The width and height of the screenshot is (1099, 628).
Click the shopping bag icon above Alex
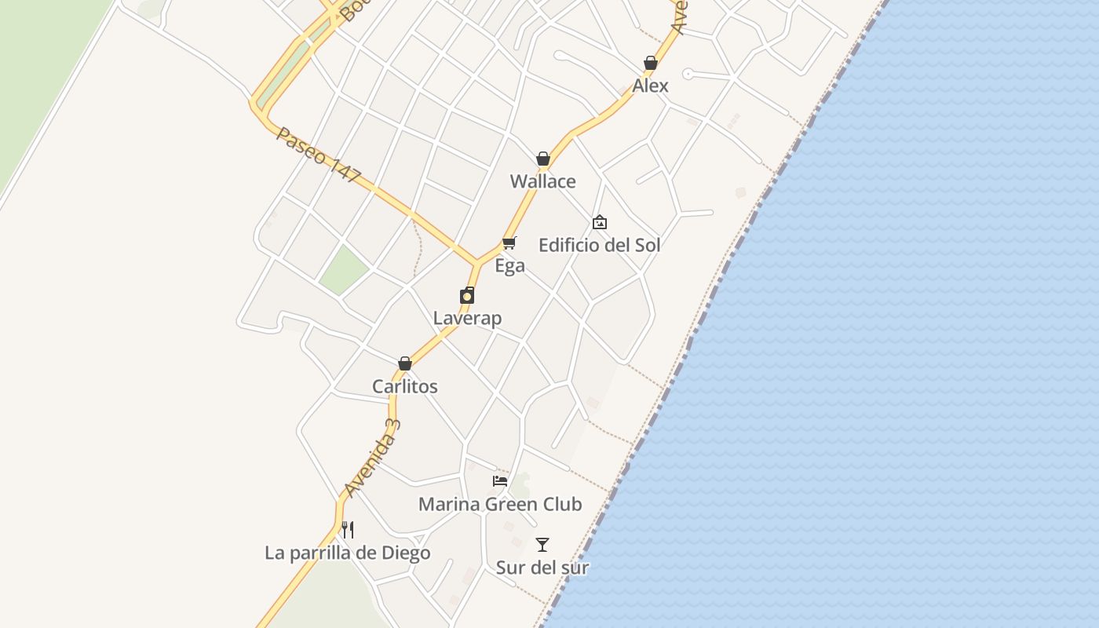[x=650, y=63]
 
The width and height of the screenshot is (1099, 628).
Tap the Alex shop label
[x=650, y=86]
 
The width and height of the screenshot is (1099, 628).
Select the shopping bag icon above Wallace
[x=542, y=159]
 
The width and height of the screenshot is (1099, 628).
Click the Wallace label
[x=542, y=181]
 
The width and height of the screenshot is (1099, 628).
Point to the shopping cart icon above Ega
[x=509, y=243]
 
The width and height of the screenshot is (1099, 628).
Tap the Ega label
[x=509, y=266]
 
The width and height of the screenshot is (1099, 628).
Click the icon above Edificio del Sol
[x=600, y=222]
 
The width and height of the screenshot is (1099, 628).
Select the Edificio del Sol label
[x=599, y=245]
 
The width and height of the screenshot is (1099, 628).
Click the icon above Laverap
[x=467, y=295]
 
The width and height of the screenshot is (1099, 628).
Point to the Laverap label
[x=467, y=318]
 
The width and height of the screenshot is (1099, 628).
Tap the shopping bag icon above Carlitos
[x=404, y=363]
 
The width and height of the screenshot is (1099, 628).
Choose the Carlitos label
[x=404, y=386]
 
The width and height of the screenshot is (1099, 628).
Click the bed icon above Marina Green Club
[x=500, y=480]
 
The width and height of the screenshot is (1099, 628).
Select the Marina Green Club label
[x=500, y=504]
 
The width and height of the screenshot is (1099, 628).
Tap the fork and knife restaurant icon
[x=348, y=530]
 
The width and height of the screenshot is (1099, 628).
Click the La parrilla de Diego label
[x=347, y=553]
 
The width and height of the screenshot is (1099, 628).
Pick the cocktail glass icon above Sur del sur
[x=542, y=544]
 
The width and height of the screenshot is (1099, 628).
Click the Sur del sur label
[x=542, y=568]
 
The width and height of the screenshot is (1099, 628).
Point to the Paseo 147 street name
[x=318, y=155]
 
